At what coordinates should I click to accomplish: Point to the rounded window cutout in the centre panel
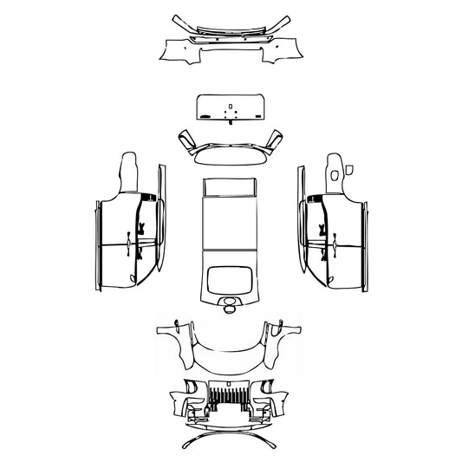[230, 278]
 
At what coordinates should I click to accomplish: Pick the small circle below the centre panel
[230, 303]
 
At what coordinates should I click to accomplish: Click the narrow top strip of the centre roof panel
[230, 185]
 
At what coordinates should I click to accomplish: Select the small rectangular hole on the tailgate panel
[230, 111]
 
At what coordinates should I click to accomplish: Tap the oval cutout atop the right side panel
[335, 176]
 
